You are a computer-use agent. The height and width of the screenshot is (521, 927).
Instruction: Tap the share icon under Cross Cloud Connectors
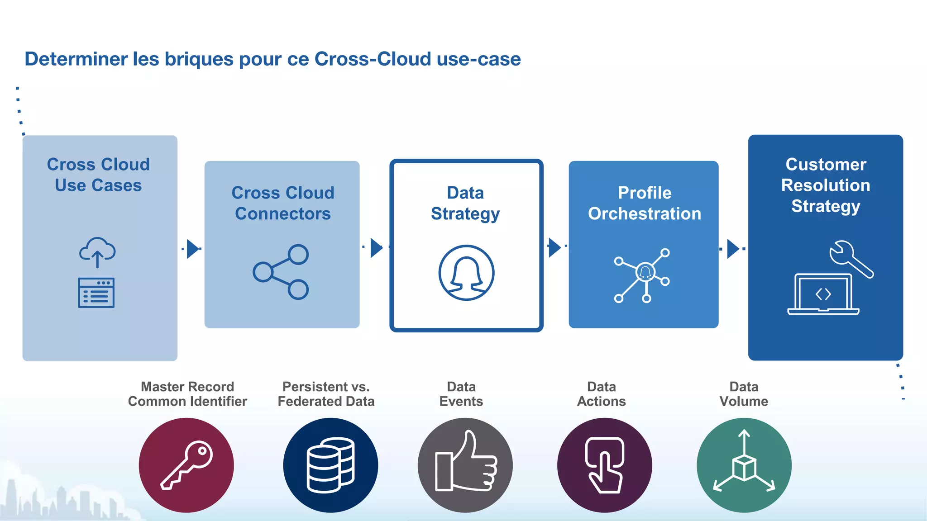click(281, 272)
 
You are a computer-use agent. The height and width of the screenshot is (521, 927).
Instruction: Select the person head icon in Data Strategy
click(466, 273)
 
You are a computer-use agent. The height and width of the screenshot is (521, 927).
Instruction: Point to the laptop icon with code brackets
click(823, 294)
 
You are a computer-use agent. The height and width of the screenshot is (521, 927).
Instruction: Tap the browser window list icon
click(96, 293)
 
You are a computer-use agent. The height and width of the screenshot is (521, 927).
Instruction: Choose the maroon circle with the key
click(186, 465)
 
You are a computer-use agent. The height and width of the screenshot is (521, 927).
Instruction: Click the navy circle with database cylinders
click(330, 465)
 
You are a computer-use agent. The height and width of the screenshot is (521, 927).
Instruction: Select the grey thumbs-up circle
click(465, 465)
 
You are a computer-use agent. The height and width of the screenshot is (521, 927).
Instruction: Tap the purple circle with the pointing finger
click(604, 465)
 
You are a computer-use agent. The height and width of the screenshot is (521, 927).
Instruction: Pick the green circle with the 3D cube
click(744, 465)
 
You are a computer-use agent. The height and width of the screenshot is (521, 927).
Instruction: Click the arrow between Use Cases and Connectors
click(193, 249)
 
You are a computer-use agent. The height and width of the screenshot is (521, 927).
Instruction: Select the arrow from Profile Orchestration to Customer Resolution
click(732, 249)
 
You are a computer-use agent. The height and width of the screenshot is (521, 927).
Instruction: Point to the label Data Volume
click(744, 394)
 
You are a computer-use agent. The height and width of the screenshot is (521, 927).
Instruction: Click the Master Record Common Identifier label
click(187, 394)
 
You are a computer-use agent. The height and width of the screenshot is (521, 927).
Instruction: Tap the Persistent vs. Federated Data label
click(326, 394)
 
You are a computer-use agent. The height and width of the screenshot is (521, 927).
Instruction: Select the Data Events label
click(461, 394)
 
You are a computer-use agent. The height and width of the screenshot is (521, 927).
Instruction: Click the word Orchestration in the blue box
click(644, 214)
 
